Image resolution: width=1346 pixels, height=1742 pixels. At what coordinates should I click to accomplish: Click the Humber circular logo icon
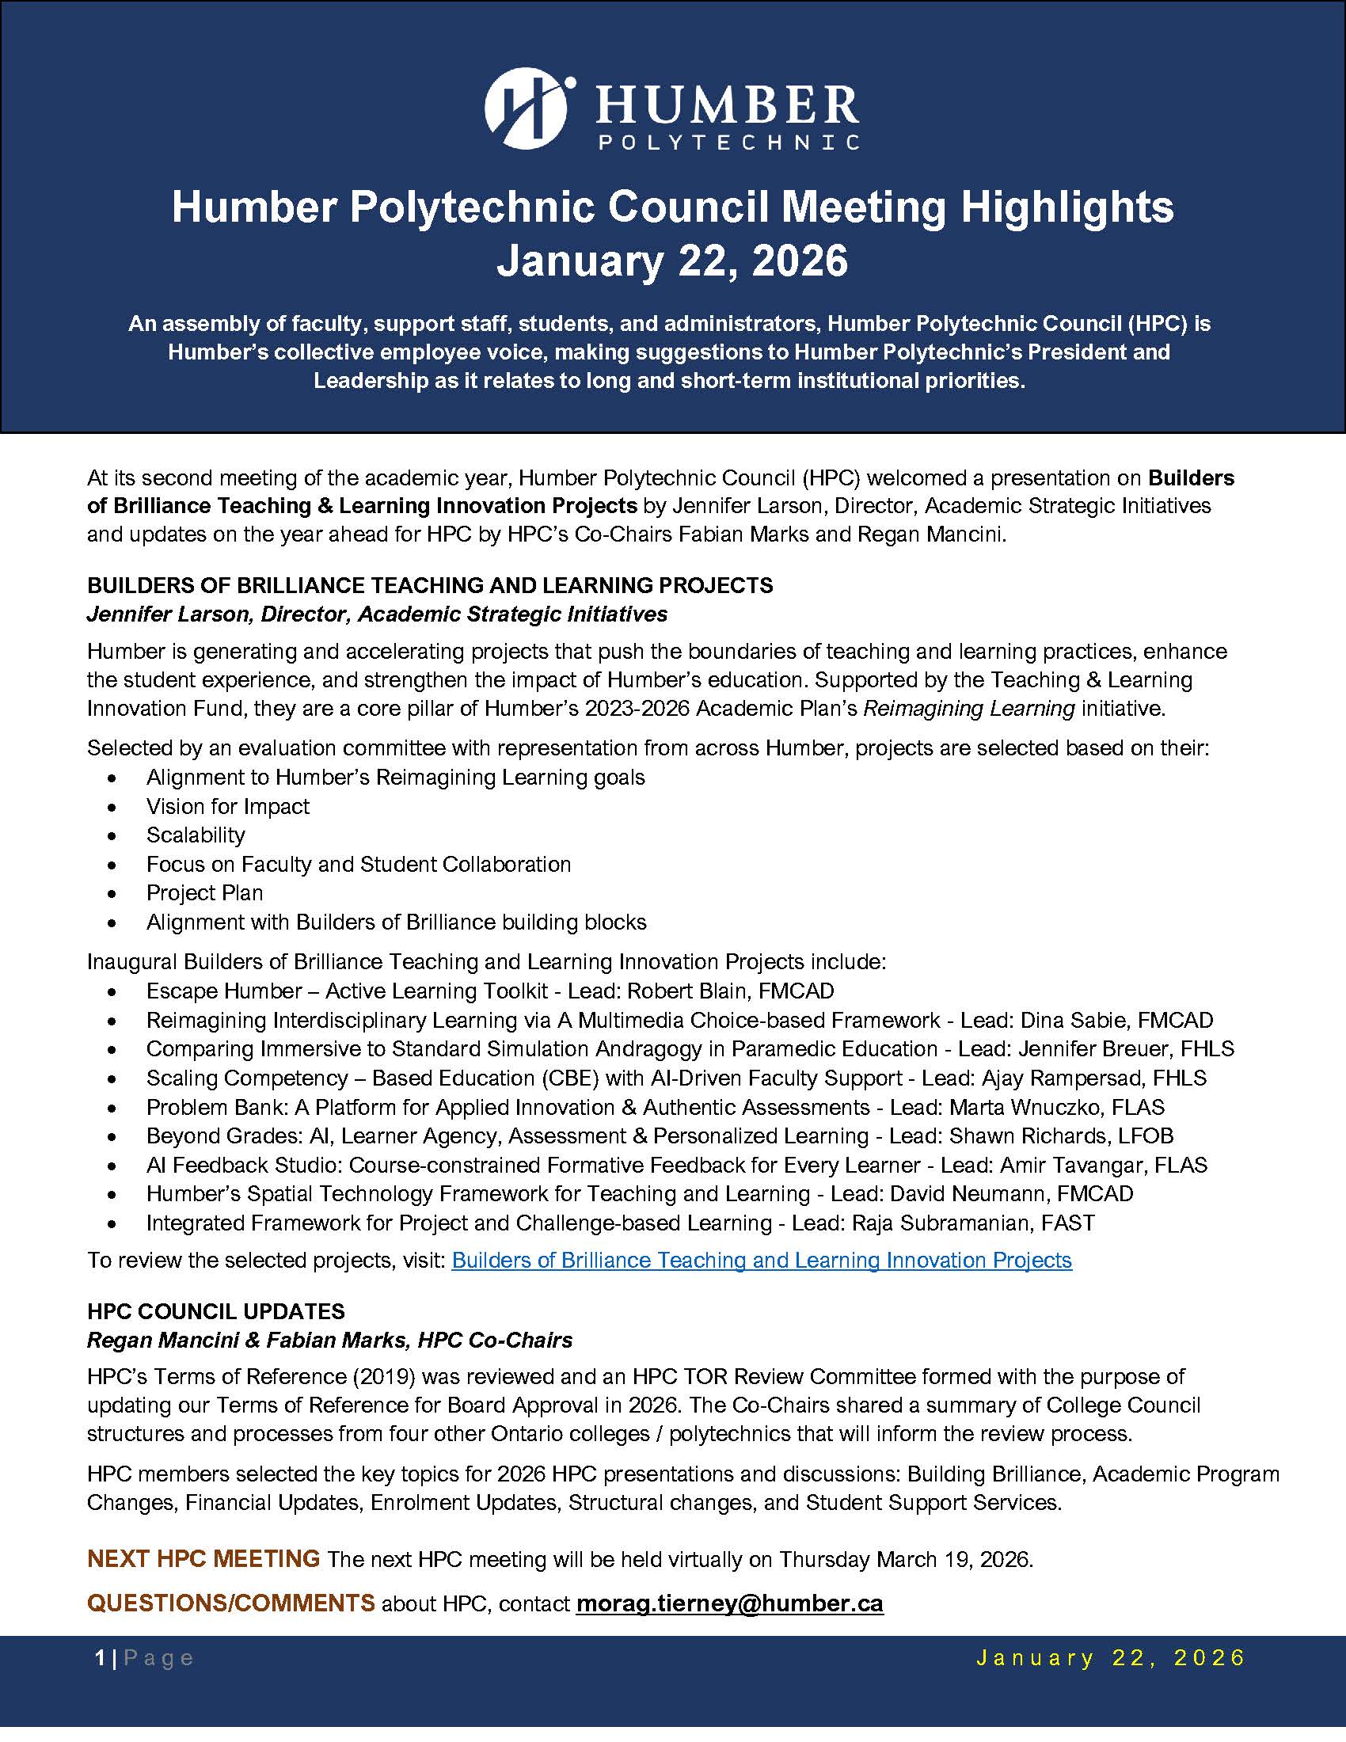tap(526, 108)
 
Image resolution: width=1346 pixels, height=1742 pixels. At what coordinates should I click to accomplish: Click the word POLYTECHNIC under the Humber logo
tap(728, 142)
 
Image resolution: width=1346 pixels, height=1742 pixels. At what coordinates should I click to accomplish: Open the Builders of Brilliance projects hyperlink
tap(762, 1261)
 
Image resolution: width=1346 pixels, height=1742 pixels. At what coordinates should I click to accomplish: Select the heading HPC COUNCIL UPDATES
tap(216, 1311)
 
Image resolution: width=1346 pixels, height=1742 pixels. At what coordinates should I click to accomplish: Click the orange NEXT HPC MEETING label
tap(203, 1558)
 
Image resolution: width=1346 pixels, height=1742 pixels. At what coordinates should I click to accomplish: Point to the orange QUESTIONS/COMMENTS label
tap(230, 1603)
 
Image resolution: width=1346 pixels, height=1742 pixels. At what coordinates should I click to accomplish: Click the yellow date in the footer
tap(1111, 1658)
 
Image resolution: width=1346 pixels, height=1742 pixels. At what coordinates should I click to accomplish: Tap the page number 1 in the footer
tap(100, 1659)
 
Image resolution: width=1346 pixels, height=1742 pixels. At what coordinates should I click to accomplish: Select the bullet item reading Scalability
tap(196, 835)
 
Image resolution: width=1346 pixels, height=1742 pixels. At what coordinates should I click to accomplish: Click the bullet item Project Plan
tap(204, 893)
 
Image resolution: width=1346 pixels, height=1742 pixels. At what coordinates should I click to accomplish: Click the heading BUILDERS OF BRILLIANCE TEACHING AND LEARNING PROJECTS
tap(430, 585)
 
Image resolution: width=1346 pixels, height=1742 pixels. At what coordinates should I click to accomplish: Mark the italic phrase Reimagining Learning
tap(969, 709)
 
